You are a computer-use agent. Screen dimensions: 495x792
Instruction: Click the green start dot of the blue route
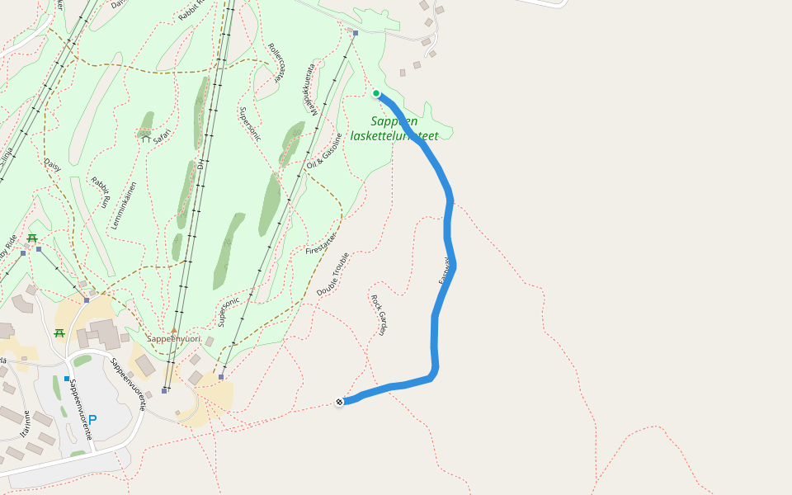click(376, 93)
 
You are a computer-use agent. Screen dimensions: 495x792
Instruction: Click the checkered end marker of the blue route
click(339, 402)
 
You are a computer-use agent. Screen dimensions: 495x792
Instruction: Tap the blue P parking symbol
click(92, 420)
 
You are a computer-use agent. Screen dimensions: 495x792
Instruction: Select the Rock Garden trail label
click(379, 313)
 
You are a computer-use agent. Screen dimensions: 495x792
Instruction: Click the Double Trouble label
click(333, 274)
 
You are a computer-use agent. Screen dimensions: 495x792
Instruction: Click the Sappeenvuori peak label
click(173, 339)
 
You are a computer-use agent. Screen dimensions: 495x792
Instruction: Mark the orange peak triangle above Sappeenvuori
click(174, 330)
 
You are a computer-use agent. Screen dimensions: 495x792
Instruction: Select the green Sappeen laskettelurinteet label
click(394, 128)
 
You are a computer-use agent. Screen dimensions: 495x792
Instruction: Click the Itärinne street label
click(26, 423)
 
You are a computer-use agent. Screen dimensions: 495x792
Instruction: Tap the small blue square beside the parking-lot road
click(67, 379)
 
